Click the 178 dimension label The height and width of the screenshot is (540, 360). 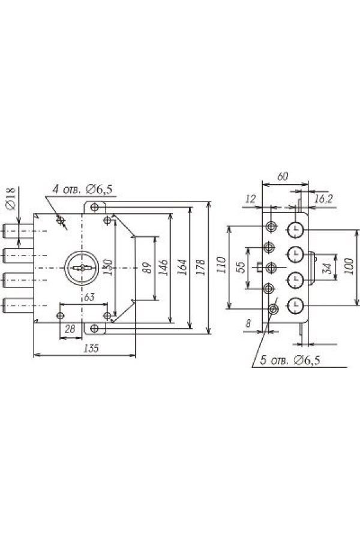[202, 266]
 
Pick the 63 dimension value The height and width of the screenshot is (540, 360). [88, 296]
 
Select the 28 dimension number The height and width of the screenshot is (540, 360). [68, 328]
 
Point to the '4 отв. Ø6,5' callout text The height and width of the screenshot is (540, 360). [82, 190]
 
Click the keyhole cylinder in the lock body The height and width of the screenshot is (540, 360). [82, 268]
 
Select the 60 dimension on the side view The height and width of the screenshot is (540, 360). [283, 176]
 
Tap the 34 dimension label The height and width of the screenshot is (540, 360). [327, 268]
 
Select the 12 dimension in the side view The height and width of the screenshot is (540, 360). [251, 198]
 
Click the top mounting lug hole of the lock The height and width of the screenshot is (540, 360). [94, 207]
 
